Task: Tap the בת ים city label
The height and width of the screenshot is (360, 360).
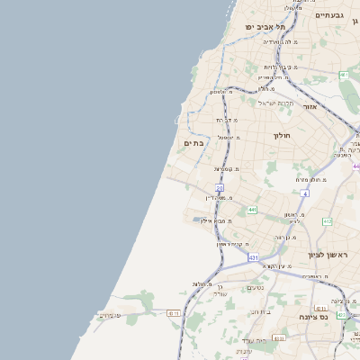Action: coord(193,142)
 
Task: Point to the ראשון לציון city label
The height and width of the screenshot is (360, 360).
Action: coord(331,255)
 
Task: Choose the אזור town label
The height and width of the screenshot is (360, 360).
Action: coord(311,106)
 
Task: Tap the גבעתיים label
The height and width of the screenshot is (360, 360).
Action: coord(330,15)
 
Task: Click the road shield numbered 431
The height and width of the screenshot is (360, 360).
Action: coord(255,257)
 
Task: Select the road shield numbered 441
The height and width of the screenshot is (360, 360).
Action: coord(252,210)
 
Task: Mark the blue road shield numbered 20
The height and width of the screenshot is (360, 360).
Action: coord(219,187)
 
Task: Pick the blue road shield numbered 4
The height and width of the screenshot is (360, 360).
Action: coord(305,193)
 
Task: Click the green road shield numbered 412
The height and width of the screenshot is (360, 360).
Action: coord(327,221)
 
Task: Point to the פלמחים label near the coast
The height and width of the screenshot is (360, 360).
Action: coord(110,315)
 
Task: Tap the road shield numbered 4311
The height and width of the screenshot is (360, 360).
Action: coord(174,312)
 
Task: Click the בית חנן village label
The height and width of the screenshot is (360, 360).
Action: coord(261,312)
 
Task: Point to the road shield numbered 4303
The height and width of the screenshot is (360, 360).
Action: coord(279,338)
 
